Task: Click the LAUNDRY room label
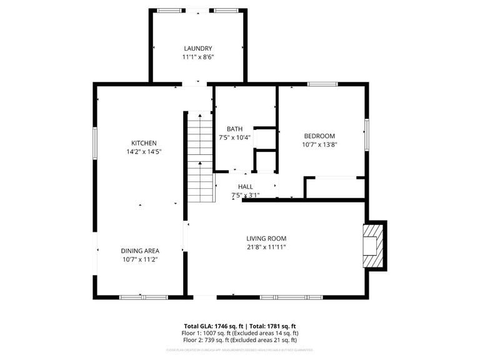[197, 48]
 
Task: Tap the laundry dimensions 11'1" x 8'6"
[197, 57]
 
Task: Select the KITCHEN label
[144, 142]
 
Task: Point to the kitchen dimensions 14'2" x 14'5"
[144, 152]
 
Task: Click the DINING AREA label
[139, 251]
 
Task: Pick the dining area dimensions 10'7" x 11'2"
[139, 259]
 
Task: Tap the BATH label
[235, 129]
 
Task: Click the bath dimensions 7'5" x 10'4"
[235, 137]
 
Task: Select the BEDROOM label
[319, 136]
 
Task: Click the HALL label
[245, 186]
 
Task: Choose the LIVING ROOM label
[266, 238]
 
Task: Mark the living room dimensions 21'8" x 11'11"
[266, 247]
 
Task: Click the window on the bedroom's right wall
[367, 134]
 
